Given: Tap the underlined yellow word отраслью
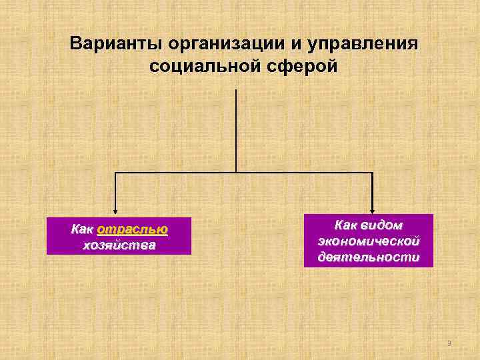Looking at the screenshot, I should tap(132, 229).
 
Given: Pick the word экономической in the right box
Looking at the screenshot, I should tap(369, 241).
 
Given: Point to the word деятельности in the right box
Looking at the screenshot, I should tap(369, 257).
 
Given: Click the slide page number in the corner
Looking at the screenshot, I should tap(449, 343).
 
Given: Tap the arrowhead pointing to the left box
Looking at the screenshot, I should tap(115, 209).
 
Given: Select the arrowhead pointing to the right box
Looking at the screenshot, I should tap(372, 209).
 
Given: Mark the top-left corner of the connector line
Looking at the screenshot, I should tap(115, 173).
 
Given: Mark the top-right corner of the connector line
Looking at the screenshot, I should tap(372, 173).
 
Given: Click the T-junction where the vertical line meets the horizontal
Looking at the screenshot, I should tap(236, 173).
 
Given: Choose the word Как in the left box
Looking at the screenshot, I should tap(82, 229).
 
